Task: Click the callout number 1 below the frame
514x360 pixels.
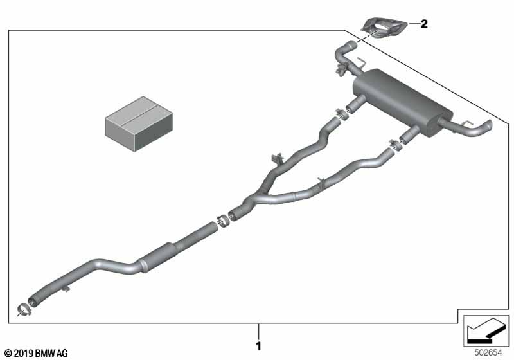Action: (259, 345)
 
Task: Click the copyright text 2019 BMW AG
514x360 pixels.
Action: (35, 353)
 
